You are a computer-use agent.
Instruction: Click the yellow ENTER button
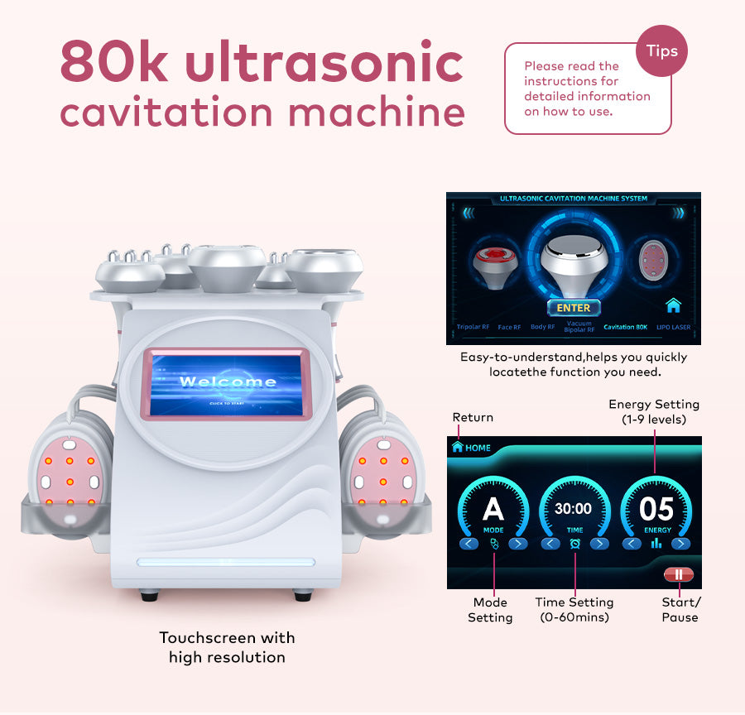573,308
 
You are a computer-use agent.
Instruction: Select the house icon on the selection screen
673,305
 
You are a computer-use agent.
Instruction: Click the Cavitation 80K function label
625,328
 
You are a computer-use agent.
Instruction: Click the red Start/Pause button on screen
678,573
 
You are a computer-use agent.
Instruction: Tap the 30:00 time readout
574,509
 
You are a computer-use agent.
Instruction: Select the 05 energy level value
656,509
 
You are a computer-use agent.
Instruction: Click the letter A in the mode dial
493,509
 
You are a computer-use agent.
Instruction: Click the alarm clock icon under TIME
574,544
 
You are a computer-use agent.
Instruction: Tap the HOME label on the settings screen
478,448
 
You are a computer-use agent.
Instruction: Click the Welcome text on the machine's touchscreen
228,381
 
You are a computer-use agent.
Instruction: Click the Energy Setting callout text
654,411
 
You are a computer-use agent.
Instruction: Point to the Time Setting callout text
574,610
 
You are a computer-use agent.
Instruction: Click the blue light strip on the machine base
225,562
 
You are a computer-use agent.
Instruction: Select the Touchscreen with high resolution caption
227,648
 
